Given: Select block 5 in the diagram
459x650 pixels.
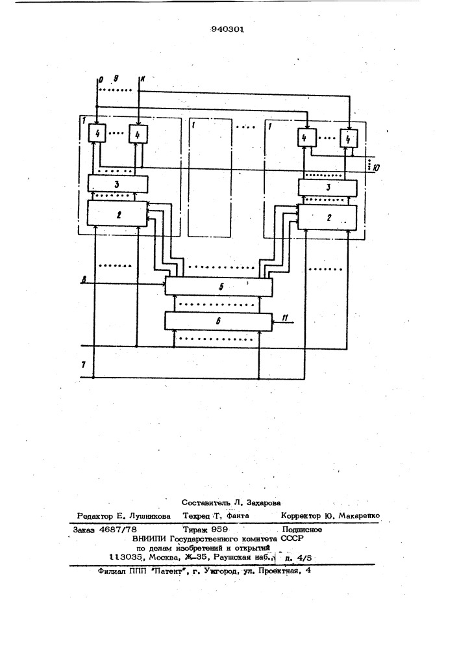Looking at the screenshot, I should tap(219, 285).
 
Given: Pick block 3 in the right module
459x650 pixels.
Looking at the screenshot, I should tap(327, 187).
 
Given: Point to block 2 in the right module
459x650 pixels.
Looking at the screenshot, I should tap(327, 216).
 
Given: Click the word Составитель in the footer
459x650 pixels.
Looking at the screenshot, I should tap(206, 502).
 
